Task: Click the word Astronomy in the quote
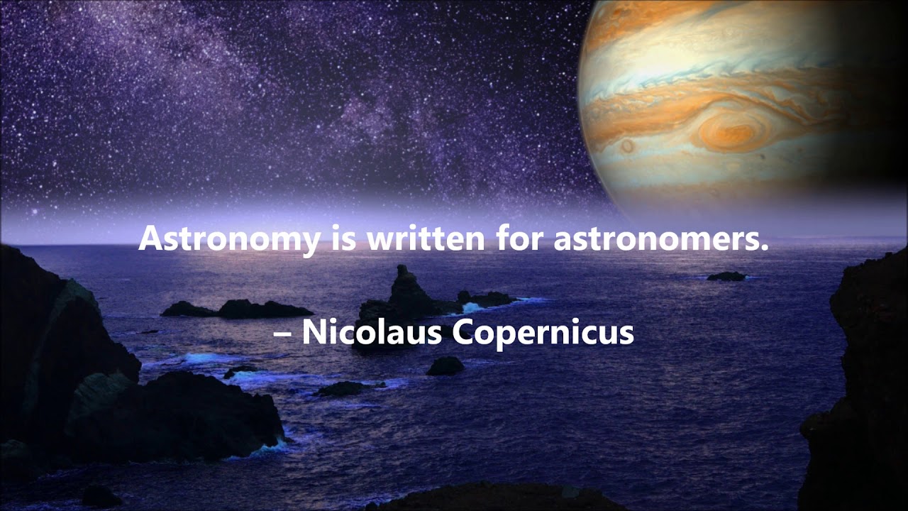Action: (x=229, y=238)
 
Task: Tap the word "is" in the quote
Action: (x=343, y=238)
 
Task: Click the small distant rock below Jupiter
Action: (x=726, y=276)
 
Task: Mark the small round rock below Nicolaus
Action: (x=445, y=366)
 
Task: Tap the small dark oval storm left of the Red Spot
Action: (x=627, y=146)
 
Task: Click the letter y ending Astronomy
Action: (x=310, y=242)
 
